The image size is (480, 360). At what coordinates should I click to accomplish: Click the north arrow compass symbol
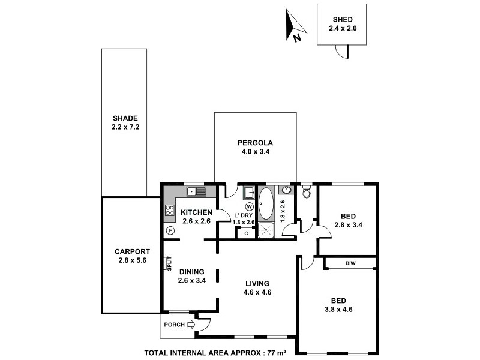click(294, 25)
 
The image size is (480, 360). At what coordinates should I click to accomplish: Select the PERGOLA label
click(255, 143)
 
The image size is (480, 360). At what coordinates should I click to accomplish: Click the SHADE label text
click(125, 118)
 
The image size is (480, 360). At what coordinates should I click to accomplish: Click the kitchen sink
click(196, 191)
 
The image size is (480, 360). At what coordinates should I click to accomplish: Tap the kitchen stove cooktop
click(169, 211)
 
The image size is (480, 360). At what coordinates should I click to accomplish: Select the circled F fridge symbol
click(170, 230)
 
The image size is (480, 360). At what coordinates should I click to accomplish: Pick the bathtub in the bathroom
click(266, 203)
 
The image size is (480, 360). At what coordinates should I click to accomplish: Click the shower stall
click(266, 230)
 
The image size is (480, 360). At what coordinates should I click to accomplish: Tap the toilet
click(307, 192)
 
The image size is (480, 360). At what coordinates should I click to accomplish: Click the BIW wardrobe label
click(350, 263)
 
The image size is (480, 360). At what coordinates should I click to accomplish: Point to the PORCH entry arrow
click(191, 325)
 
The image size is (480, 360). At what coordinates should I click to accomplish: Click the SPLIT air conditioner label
click(170, 263)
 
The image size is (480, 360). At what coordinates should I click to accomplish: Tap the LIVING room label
click(256, 284)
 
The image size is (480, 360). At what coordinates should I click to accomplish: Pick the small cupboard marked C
click(246, 233)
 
